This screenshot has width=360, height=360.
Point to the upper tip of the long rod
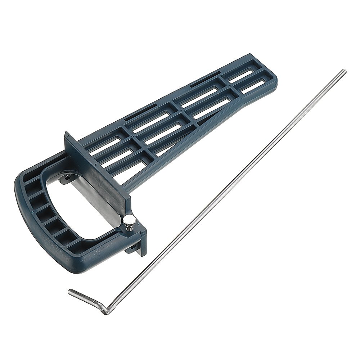pos(344,71)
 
